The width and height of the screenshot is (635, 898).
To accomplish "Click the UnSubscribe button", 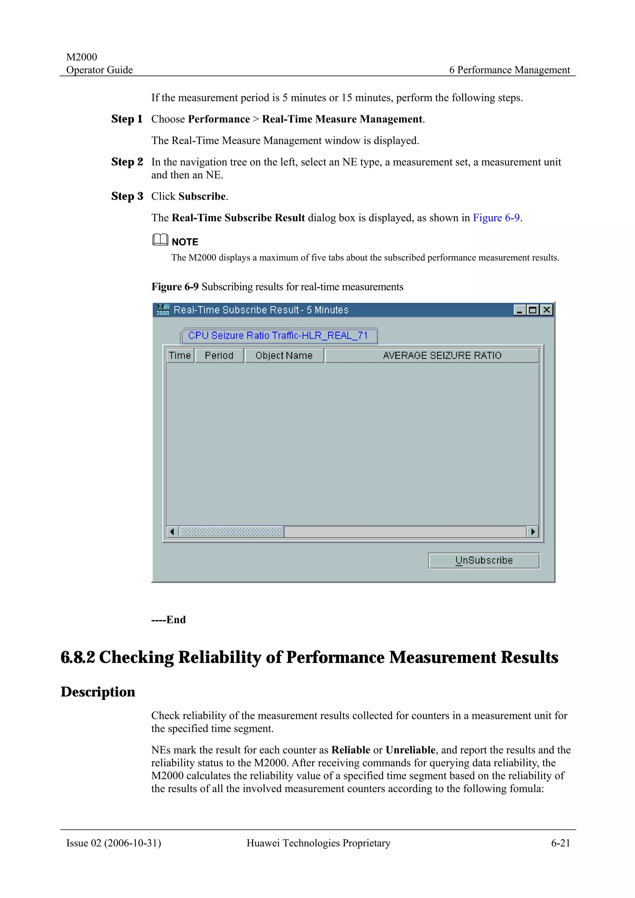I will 484,561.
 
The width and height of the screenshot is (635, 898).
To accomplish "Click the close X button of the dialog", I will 546,310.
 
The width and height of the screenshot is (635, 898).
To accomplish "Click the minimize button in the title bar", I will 520,310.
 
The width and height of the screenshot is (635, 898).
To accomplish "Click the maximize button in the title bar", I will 532,310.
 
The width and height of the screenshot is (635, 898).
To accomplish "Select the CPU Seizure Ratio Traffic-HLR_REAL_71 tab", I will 278,336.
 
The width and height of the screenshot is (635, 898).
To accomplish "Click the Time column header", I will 180,355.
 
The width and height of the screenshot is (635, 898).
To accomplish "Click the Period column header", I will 219,355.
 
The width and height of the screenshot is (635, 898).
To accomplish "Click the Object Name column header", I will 284,355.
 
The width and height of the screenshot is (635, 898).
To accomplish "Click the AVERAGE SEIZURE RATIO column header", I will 442,355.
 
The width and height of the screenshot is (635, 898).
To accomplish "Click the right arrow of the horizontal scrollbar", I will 532,531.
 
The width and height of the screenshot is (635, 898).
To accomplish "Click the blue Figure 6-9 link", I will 496,218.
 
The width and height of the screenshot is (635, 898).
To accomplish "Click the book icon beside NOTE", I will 160,240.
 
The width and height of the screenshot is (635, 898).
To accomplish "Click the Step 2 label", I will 127,162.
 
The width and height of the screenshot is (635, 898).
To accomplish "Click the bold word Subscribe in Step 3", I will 202,196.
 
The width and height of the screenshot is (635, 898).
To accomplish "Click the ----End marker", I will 169,619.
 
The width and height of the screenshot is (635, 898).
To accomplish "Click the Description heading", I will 98,692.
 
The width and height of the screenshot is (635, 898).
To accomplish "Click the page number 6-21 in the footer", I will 561,843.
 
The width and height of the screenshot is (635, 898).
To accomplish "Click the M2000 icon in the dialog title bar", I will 163,310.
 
